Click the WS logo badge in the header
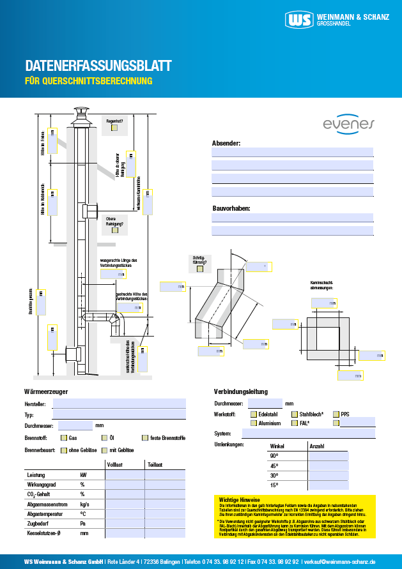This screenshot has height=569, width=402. pyautogui.click(x=300, y=20)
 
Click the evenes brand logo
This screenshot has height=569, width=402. pyautogui.click(x=349, y=124)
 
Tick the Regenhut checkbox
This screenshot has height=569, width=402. pyautogui.click(x=114, y=128)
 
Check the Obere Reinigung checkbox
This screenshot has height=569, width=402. pyautogui.click(x=114, y=231)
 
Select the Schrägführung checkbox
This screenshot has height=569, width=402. pyautogui.click(x=200, y=268)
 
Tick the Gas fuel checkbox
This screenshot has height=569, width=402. pyautogui.click(x=64, y=438)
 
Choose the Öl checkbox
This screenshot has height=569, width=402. pyautogui.click(x=104, y=438)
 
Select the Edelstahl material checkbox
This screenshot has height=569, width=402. pyautogui.click(x=254, y=414)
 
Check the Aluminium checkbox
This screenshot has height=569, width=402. pyautogui.click(x=254, y=423)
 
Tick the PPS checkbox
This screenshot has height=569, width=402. pyautogui.click(x=336, y=414)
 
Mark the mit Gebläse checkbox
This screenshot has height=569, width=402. pyautogui.click(x=104, y=450)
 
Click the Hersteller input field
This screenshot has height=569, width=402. pyautogui.click(x=119, y=404)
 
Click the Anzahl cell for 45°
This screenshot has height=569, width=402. pyautogui.click(x=329, y=466)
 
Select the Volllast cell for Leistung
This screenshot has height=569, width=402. pyautogui.click(x=125, y=475)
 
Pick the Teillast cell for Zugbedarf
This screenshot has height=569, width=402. pyautogui.click(x=166, y=523)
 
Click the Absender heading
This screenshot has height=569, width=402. pyautogui.click(x=226, y=143)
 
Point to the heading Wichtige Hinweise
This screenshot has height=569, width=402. pyautogui.click(x=240, y=499)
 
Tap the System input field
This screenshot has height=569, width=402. pyautogui.click(x=309, y=434)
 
